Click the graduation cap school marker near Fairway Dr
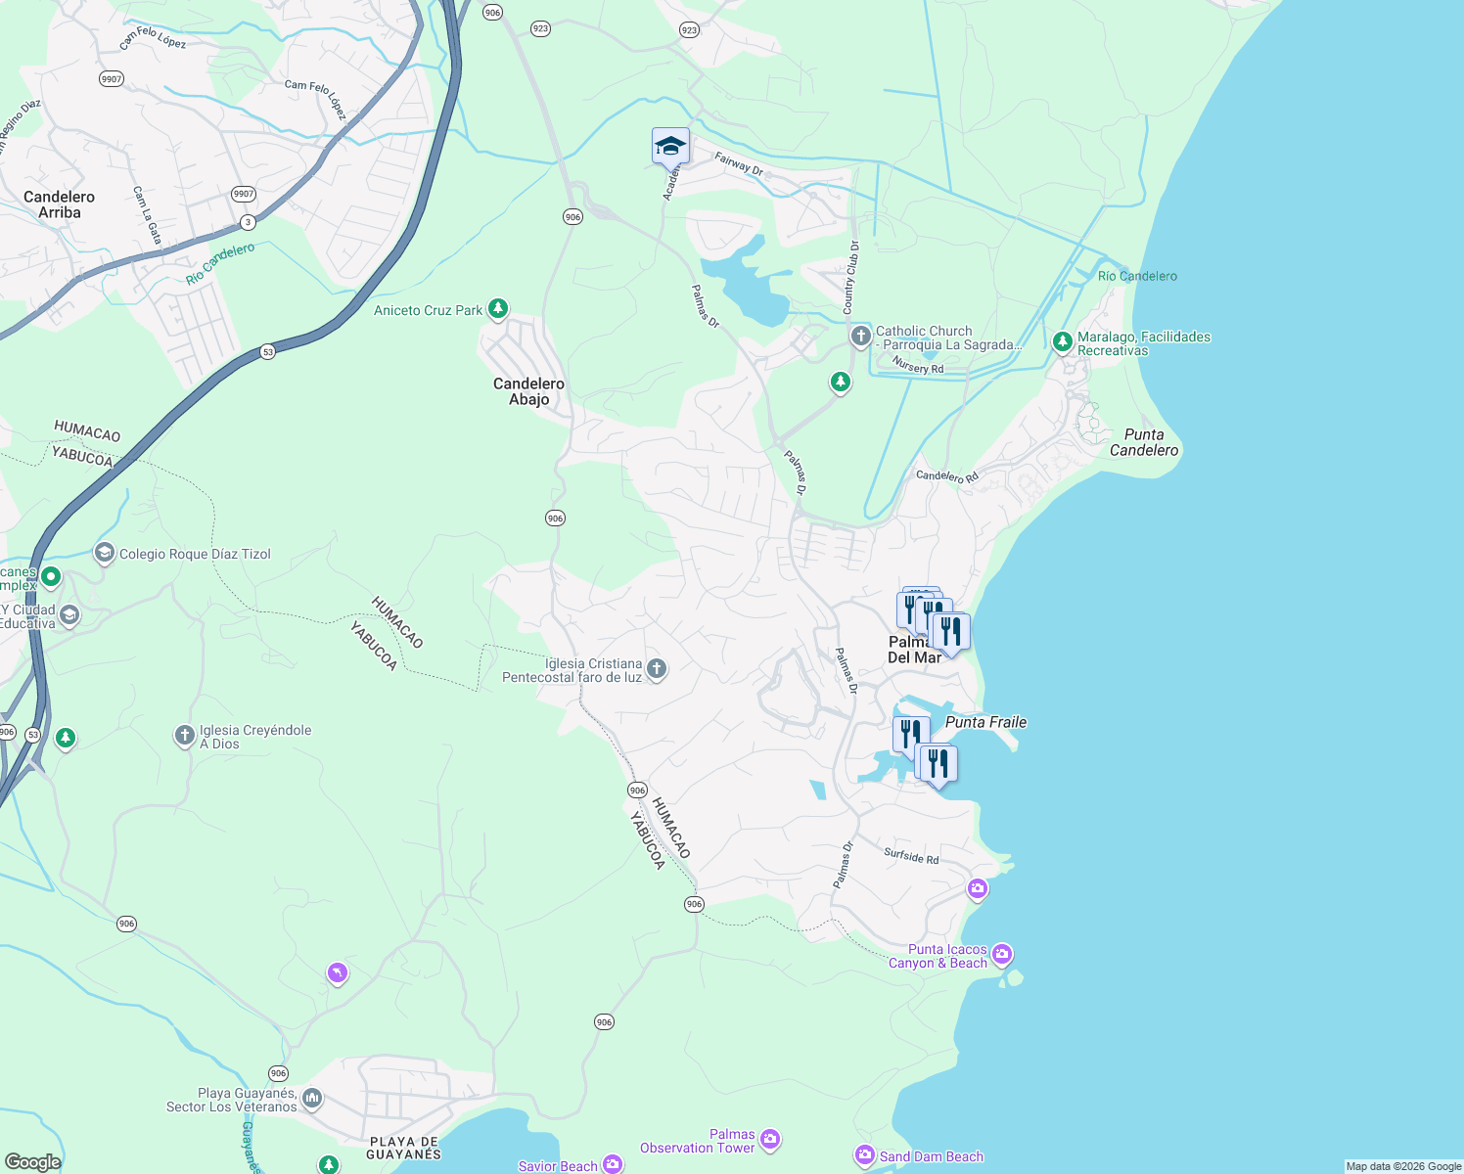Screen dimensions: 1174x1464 pyautogui.click(x=670, y=147)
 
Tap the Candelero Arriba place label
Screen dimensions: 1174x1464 pyautogui.click(x=60, y=204)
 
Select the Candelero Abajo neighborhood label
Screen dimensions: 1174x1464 pyautogui.click(x=528, y=391)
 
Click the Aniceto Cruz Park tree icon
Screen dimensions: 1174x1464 pyautogui.click(x=498, y=309)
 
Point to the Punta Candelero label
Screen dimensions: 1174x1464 pyautogui.click(x=1144, y=442)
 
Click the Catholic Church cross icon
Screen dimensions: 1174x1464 pyautogui.click(x=860, y=337)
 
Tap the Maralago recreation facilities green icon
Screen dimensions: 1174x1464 pyautogui.click(x=1062, y=342)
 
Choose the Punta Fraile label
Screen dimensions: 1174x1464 pyautogui.click(x=986, y=722)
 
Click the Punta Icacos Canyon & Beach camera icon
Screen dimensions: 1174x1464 pyautogui.click(x=1001, y=954)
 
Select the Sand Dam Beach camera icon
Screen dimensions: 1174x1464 pyautogui.click(x=864, y=1156)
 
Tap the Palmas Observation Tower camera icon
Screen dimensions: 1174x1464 pyautogui.click(x=769, y=1139)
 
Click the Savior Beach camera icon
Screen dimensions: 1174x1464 pyautogui.click(x=613, y=1164)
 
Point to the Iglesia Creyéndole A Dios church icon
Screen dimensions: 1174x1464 pyautogui.click(x=184, y=735)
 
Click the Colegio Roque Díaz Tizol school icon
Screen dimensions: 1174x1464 pyautogui.click(x=104, y=553)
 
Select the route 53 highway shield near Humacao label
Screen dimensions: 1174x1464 pyautogui.click(x=267, y=352)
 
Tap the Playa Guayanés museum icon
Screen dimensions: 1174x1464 pyautogui.click(x=312, y=1098)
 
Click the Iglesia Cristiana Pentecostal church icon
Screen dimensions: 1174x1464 pyautogui.click(x=657, y=669)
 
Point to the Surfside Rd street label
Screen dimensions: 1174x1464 pyautogui.click(x=911, y=856)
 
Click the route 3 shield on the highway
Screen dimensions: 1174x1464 pyautogui.click(x=248, y=222)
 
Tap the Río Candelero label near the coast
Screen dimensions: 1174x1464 pyautogui.click(x=1137, y=276)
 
